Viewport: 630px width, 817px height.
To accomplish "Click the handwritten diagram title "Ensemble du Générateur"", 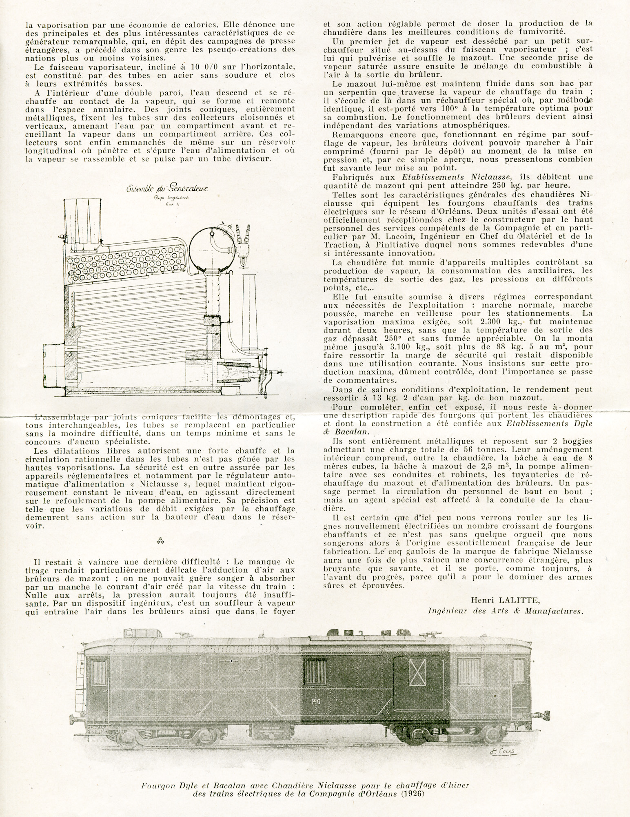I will [x=167, y=189].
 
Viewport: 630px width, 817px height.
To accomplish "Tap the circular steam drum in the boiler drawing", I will [x=211, y=247].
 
